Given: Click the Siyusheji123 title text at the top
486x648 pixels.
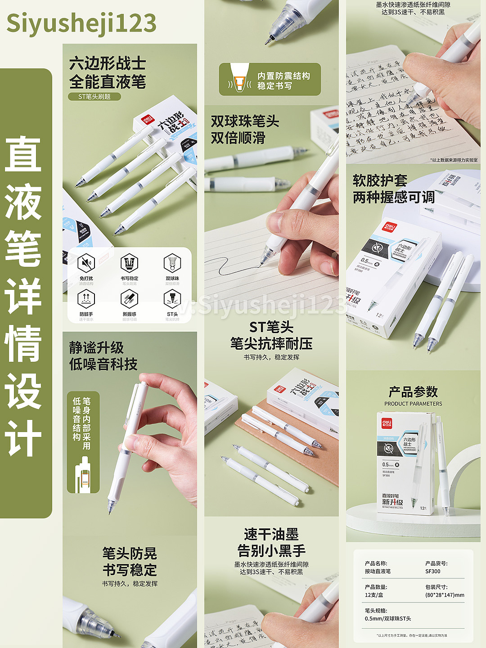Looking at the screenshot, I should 81,23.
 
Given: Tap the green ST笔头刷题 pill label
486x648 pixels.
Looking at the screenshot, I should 94,96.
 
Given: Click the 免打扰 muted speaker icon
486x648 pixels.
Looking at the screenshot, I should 86,263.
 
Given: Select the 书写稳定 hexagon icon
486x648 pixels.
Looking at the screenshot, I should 129,263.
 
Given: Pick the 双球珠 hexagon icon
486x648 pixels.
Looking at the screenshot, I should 172,263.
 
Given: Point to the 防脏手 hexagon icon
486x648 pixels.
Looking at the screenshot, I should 86,298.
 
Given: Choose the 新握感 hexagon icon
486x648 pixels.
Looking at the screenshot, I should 129,298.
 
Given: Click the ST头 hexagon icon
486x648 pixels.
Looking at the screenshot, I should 172,298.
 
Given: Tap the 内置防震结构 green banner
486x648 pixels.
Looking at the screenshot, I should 270,80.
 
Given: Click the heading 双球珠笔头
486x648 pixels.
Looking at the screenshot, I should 245,121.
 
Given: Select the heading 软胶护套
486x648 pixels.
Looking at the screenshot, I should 380,180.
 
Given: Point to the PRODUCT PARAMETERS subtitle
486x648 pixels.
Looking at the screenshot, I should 413,404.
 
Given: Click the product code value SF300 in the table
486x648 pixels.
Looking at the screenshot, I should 433,571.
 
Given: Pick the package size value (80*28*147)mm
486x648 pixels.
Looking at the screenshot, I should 445,595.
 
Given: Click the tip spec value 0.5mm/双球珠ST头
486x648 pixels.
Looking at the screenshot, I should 388,619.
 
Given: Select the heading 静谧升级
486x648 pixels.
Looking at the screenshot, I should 96,347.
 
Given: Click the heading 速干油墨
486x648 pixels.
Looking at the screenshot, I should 271,535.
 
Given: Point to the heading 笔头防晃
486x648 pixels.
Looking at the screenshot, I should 130,553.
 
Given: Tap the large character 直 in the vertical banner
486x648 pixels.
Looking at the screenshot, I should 23,155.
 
